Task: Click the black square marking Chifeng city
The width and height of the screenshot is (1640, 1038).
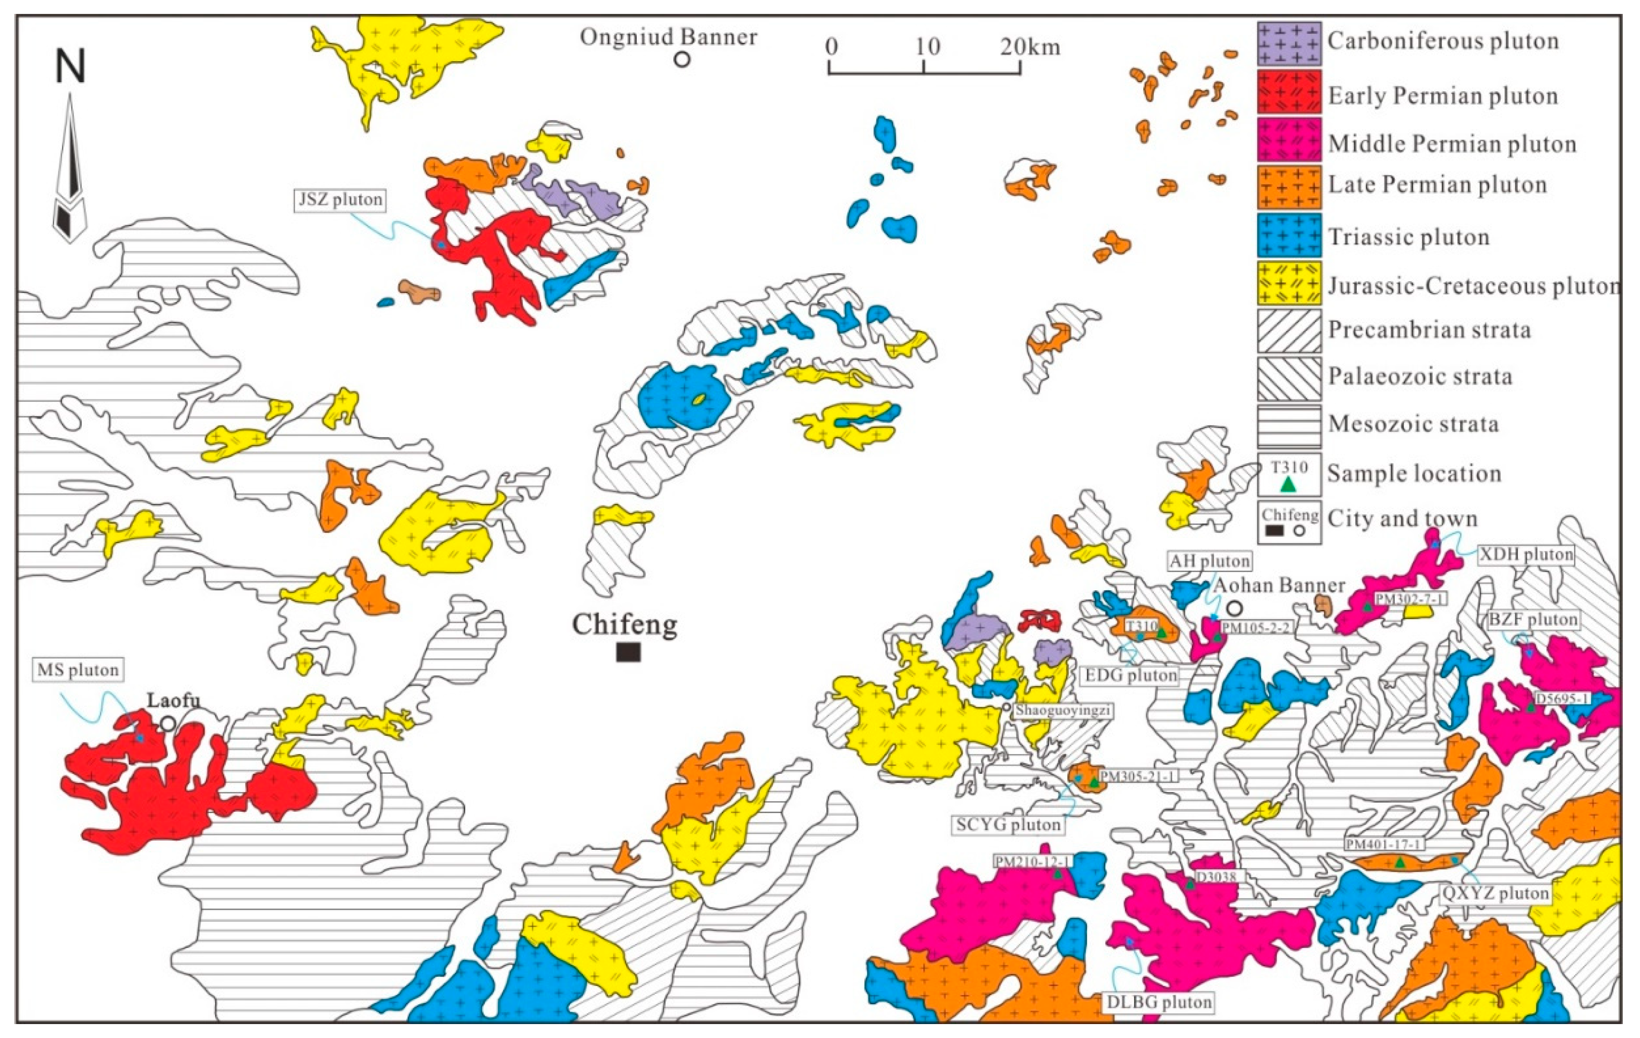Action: (x=628, y=652)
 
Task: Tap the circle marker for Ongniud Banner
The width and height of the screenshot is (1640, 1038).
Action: (x=682, y=59)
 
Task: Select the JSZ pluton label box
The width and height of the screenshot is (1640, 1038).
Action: (x=340, y=199)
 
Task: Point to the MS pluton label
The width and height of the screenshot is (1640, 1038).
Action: (x=78, y=670)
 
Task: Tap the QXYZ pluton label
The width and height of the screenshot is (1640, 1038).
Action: (x=1495, y=892)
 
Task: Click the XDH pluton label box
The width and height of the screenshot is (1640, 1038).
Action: (x=1526, y=554)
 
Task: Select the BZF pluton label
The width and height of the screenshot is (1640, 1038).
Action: (x=1532, y=619)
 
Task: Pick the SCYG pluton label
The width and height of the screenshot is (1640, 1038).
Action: (x=1008, y=824)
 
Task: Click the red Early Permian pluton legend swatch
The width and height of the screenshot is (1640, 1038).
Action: (x=1288, y=91)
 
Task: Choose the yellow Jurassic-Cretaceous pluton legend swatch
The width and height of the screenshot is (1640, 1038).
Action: (x=1288, y=282)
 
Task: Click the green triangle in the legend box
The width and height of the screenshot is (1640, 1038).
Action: (x=1287, y=484)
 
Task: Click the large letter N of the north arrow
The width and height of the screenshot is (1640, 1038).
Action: (x=70, y=67)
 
